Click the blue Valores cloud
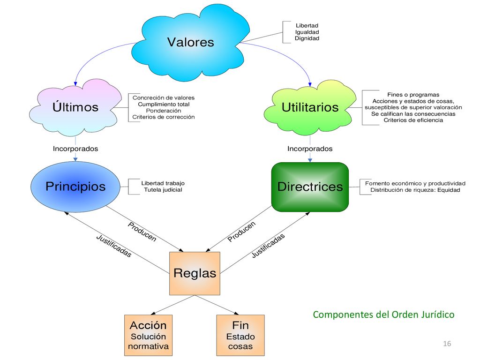[190, 43]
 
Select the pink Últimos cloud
[75, 107]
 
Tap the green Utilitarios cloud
[310, 107]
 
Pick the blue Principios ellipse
[75, 187]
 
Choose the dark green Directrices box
[310, 187]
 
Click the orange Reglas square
[195, 273]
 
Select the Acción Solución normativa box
[148, 335]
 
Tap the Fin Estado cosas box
[240, 335]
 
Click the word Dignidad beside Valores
[307, 38]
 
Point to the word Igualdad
[307, 32]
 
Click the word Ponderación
[164, 111]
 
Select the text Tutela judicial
[163, 190]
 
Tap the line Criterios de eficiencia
[413, 120]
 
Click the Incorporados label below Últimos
[75, 149]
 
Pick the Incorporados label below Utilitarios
[310, 149]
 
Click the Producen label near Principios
[142, 232]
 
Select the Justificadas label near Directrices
[268, 246]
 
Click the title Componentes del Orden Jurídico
[383, 315]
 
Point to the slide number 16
[447, 344]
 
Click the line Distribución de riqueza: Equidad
[415, 190]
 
